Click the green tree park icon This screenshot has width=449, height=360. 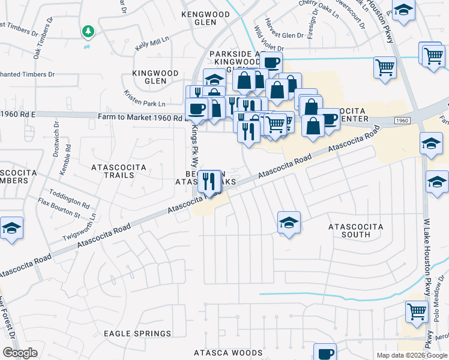[88, 31]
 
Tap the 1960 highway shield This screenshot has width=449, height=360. [403, 121]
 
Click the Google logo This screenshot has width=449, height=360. [20, 353]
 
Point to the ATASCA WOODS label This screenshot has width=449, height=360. [228, 353]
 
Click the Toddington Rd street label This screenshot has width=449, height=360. [69, 195]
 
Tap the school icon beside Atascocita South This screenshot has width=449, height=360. [289, 223]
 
